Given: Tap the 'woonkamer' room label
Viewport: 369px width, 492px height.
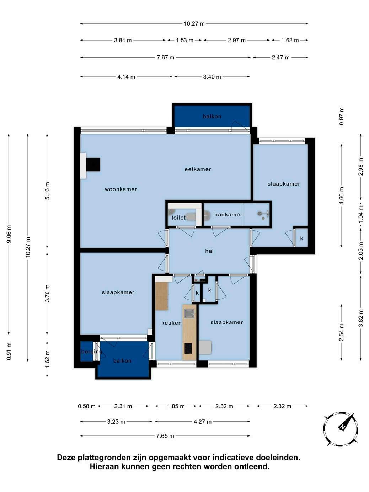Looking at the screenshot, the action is [x=121, y=189].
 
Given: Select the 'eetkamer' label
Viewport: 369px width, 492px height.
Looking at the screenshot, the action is [x=198, y=169].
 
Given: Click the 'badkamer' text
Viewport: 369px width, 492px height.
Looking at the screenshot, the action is [x=228, y=214].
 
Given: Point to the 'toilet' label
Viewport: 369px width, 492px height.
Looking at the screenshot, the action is [x=178, y=218].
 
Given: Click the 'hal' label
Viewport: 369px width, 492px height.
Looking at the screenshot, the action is [x=209, y=251].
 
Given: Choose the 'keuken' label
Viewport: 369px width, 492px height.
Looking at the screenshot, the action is [x=171, y=323].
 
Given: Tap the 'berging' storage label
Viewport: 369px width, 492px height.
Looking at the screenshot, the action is [x=92, y=352].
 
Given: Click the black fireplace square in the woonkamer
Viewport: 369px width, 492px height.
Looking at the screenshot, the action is [x=93, y=165].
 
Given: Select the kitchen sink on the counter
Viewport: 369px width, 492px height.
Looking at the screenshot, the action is [x=189, y=313].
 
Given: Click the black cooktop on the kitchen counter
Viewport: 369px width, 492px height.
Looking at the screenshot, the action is [x=188, y=349].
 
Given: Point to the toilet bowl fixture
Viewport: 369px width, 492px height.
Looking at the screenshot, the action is [x=191, y=216].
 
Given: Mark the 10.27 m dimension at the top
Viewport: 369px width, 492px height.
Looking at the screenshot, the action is [x=194, y=23].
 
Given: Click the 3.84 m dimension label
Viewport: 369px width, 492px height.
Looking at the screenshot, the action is [x=123, y=40].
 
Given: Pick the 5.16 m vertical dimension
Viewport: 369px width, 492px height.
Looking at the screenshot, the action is [x=47, y=191].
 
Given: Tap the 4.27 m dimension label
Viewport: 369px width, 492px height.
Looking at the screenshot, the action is [x=203, y=422].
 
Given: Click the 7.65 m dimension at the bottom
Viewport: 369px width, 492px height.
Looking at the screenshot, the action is [x=165, y=436].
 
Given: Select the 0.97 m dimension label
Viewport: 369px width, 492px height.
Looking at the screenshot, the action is [x=341, y=116].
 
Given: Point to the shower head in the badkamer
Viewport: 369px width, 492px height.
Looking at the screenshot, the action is [x=260, y=213].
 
